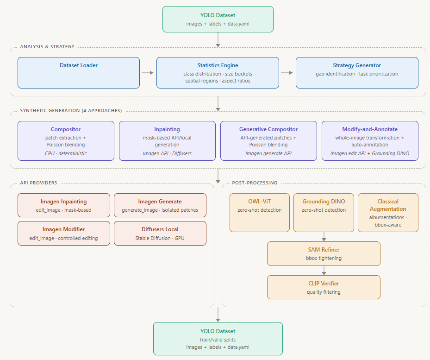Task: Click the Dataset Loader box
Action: click(x=79, y=73)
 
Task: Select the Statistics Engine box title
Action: click(x=218, y=65)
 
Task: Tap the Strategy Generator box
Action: click(x=357, y=73)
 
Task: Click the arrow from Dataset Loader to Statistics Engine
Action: click(x=148, y=73)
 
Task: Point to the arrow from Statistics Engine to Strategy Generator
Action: click(x=287, y=73)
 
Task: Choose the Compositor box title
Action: click(x=66, y=129)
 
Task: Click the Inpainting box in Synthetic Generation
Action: click(x=167, y=141)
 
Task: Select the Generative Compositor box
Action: click(x=268, y=141)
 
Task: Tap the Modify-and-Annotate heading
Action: click(x=370, y=129)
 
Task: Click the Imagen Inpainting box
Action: click(x=64, y=205)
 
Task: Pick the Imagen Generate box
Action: click(x=160, y=205)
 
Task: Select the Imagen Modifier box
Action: click(x=64, y=233)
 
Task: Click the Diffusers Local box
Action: click(x=160, y=233)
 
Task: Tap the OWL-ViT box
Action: click(x=259, y=213)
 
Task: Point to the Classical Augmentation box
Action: click(x=388, y=213)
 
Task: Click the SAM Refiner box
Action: click(x=324, y=254)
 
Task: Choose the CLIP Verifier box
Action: click(x=324, y=287)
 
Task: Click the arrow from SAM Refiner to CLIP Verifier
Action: click(x=324, y=271)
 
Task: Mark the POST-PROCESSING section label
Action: click(x=255, y=183)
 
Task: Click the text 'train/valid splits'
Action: click(x=218, y=340)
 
